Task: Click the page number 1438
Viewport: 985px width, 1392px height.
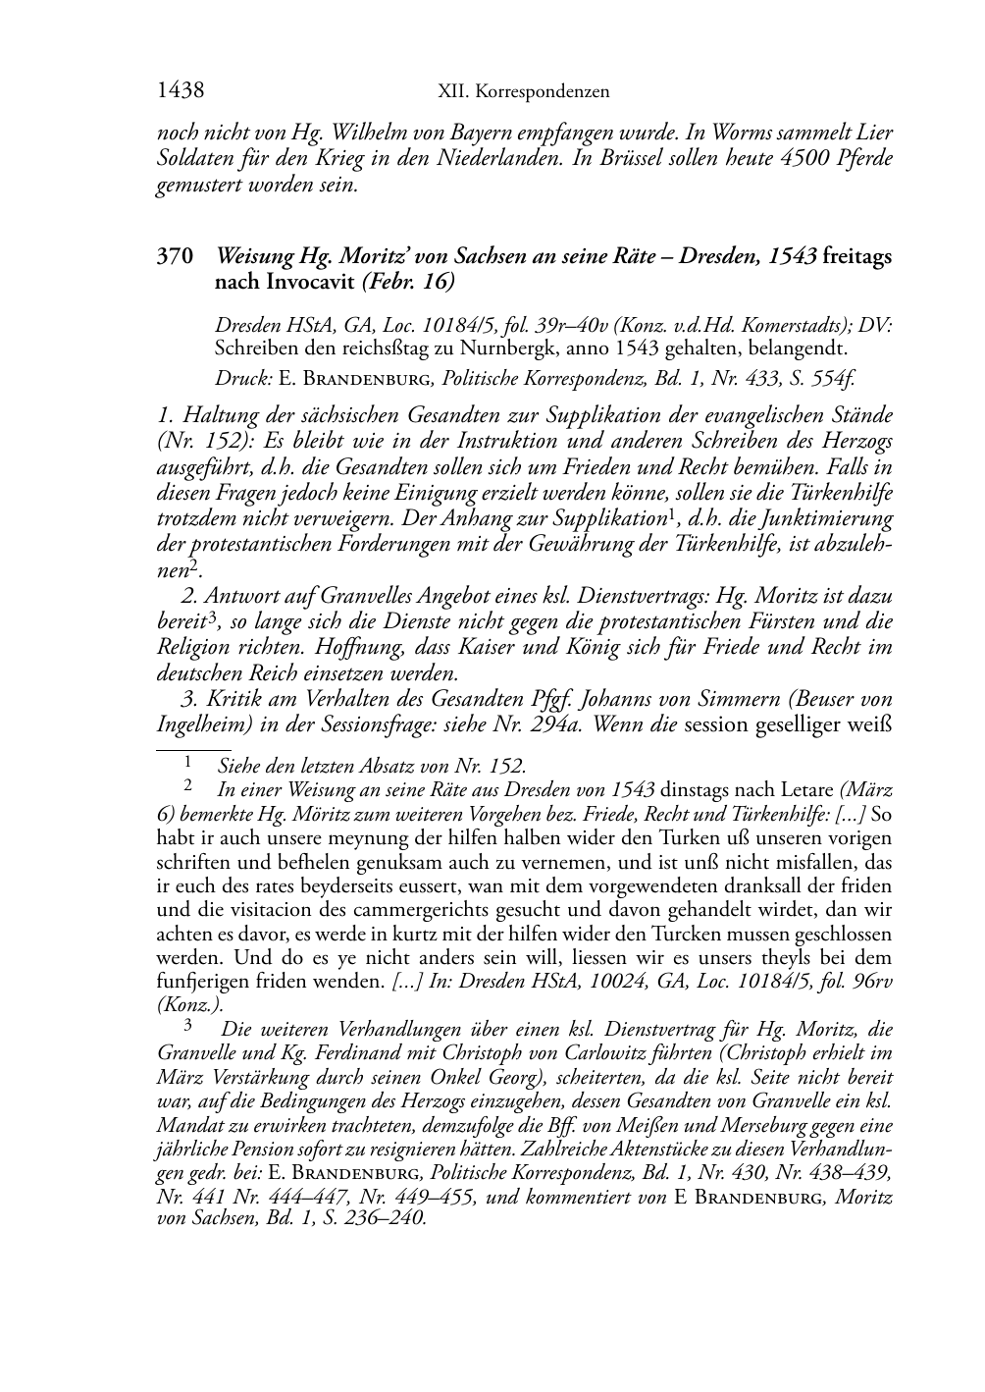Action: pos(181,91)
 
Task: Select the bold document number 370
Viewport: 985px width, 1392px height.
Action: pos(174,257)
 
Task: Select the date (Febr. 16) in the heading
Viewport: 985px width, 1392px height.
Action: pos(408,282)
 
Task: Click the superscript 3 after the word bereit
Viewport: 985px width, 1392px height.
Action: pos(209,617)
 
